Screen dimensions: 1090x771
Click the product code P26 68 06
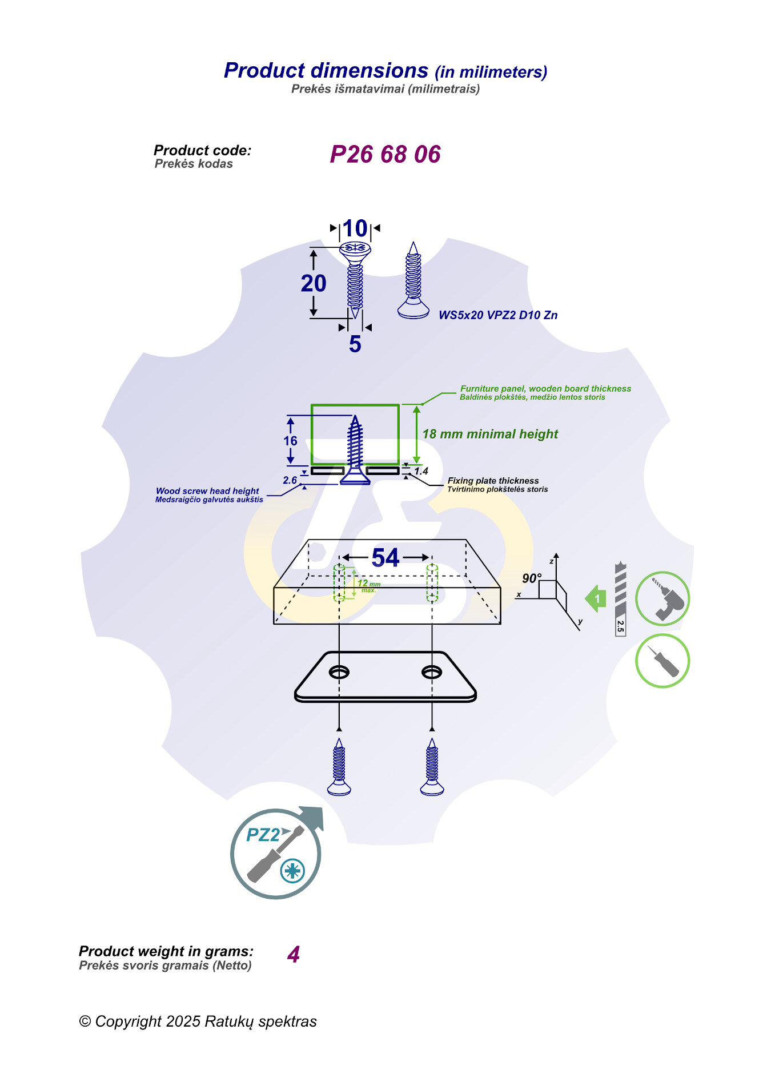pyautogui.click(x=385, y=154)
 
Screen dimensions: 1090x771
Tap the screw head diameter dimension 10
pyautogui.click(x=355, y=228)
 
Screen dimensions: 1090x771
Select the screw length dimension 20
pyautogui.click(x=314, y=283)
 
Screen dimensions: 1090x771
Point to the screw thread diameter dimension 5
pyautogui.click(x=355, y=344)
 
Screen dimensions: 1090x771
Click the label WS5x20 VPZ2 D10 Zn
pyautogui.click(x=497, y=315)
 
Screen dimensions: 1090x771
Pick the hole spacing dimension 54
pyautogui.click(x=385, y=558)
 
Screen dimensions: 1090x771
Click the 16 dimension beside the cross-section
pyautogui.click(x=290, y=441)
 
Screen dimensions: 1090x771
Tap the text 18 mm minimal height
pyautogui.click(x=490, y=434)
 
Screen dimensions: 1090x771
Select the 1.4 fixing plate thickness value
pyautogui.click(x=421, y=471)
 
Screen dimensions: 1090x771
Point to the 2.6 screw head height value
pyautogui.click(x=290, y=480)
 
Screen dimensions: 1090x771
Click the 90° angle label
pyautogui.click(x=531, y=578)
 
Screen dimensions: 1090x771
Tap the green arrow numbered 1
pyautogui.click(x=596, y=598)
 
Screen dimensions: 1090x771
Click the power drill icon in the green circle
pyautogui.click(x=662, y=598)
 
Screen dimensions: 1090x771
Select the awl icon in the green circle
pyautogui.click(x=662, y=661)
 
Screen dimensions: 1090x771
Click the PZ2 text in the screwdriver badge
pyautogui.click(x=263, y=835)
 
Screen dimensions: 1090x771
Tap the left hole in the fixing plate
pyautogui.click(x=339, y=672)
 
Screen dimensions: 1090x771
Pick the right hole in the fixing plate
pyautogui.click(x=432, y=672)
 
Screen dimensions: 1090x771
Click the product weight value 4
pyautogui.click(x=294, y=955)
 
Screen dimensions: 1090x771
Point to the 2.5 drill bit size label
pyautogui.click(x=620, y=626)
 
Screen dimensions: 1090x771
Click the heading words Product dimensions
pyautogui.click(x=326, y=70)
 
